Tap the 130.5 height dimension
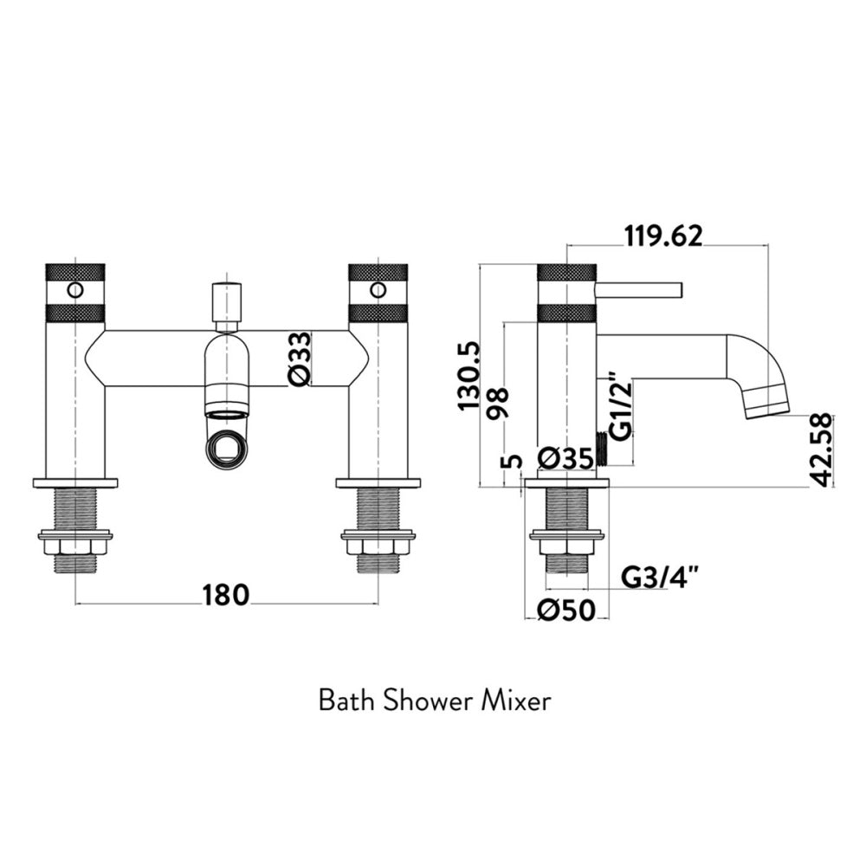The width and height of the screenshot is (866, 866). point(469,376)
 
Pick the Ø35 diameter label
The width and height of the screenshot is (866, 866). point(565,458)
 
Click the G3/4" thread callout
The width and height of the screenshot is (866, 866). point(656,578)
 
